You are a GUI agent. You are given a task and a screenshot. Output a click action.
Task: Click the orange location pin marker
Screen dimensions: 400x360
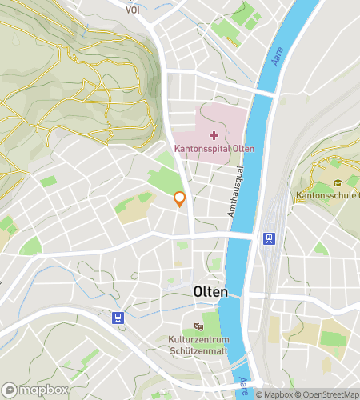[x=180, y=199]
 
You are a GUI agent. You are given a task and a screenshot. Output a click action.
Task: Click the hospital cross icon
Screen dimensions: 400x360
[x=214, y=134]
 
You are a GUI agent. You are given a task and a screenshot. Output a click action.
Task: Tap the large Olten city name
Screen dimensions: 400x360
[x=210, y=292]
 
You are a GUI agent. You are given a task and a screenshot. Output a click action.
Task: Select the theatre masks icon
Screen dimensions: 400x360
[x=199, y=326]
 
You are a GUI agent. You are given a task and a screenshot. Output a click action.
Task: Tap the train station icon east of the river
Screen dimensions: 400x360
[x=268, y=238]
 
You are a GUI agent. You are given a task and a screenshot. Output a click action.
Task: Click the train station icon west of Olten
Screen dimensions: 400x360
[x=118, y=318]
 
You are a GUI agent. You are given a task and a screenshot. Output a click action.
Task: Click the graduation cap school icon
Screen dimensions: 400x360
[x=338, y=183]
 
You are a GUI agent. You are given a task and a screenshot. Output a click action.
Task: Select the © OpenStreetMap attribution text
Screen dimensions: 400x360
[x=328, y=394]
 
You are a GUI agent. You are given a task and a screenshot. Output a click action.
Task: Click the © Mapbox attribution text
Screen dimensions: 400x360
[x=274, y=394]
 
